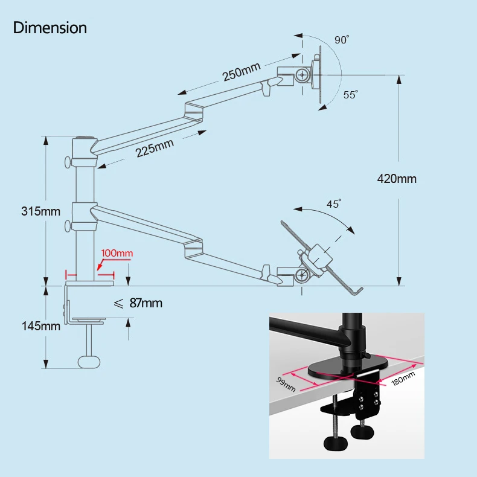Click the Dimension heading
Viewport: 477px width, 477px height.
pyautogui.click(x=50, y=28)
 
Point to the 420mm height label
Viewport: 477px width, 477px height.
pyautogui.click(x=397, y=179)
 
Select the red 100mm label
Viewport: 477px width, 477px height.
pyautogui.click(x=117, y=254)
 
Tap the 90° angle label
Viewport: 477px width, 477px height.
pyautogui.click(x=342, y=40)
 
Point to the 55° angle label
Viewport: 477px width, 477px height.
pyautogui.click(x=350, y=95)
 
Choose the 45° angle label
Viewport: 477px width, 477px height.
pyautogui.click(x=334, y=204)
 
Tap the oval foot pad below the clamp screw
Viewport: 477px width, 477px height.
pyautogui.click(x=88, y=361)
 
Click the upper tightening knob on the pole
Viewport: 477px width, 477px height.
pyautogui.click(x=67, y=162)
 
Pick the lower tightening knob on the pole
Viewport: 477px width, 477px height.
pyautogui.click(x=67, y=227)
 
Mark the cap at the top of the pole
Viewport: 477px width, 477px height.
pyautogui.click(x=83, y=138)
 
